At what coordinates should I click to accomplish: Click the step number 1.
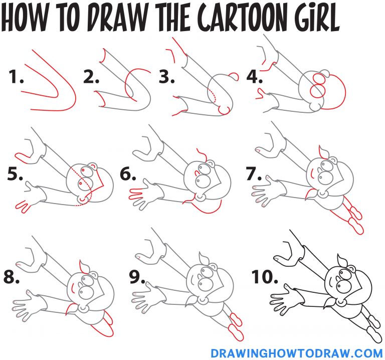pyautogui.click(x=17, y=78)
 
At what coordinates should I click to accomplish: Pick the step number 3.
pyautogui.click(x=167, y=78)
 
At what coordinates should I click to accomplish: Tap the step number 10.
pyautogui.click(x=263, y=277)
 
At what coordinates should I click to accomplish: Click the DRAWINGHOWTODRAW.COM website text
pyautogui.click(x=297, y=352)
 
